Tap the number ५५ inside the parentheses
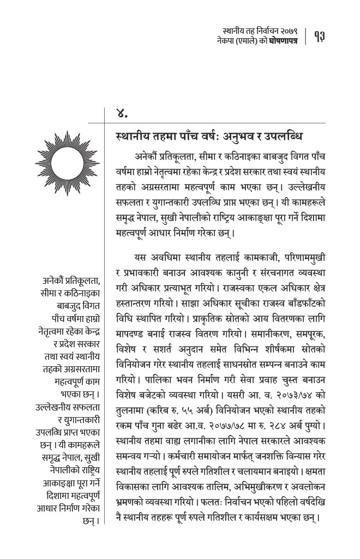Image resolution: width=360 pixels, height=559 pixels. [x=183, y=395]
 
